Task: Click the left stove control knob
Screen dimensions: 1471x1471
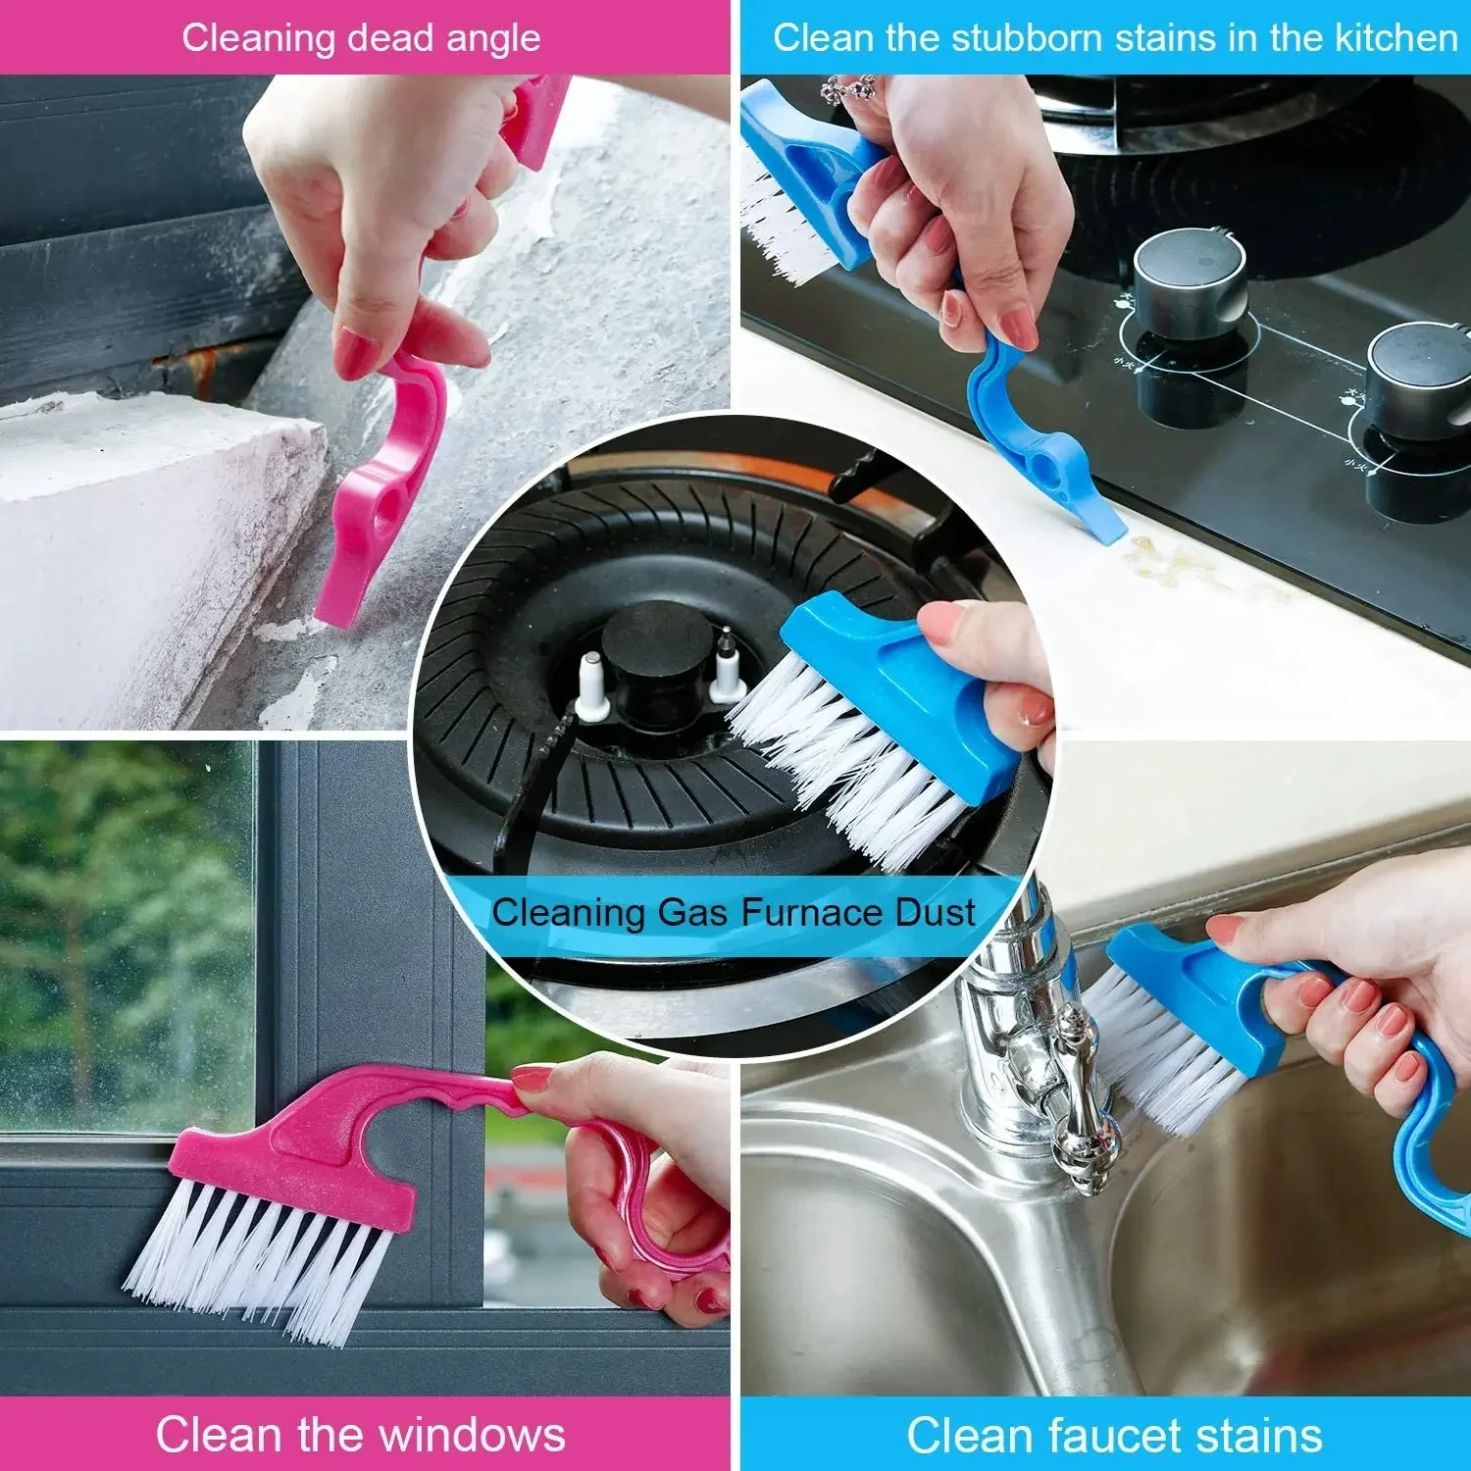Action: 1190,284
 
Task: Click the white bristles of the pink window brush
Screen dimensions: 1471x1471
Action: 255,1255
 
